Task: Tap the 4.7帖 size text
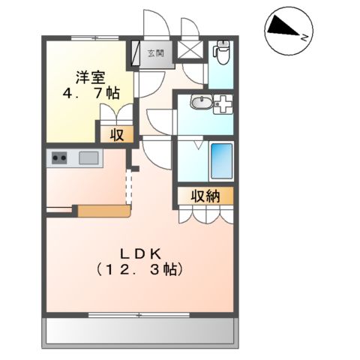[x=88, y=94]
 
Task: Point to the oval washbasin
[x=200, y=104]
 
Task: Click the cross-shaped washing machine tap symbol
[x=223, y=106]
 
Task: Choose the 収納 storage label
[x=204, y=196]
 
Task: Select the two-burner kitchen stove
[x=59, y=157]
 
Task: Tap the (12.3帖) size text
[x=139, y=268]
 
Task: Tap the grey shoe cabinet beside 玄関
[x=136, y=52]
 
